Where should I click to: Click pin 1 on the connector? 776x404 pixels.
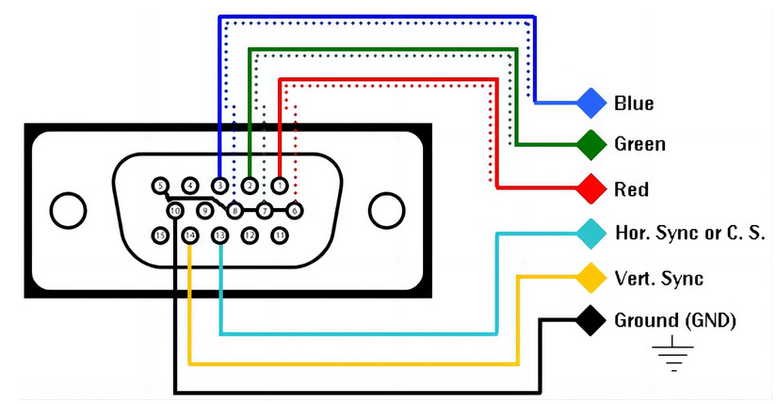pos(280,186)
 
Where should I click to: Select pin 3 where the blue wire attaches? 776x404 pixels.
pos(219,186)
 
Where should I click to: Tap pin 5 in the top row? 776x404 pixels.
pos(160,186)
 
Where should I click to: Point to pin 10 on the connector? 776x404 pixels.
pos(175,209)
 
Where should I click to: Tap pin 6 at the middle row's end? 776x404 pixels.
pos(295,209)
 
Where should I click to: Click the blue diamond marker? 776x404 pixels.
pos(591,102)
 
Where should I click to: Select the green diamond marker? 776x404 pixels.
pos(591,144)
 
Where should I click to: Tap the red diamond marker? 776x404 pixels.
pos(591,188)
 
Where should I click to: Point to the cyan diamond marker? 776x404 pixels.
pos(591,232)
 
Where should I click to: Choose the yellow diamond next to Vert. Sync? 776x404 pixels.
pos(591,278)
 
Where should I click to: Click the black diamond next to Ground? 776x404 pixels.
pos(591,320)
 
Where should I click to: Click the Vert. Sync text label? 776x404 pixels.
pos(658,279)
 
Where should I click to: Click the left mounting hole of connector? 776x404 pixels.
pos(67,210)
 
